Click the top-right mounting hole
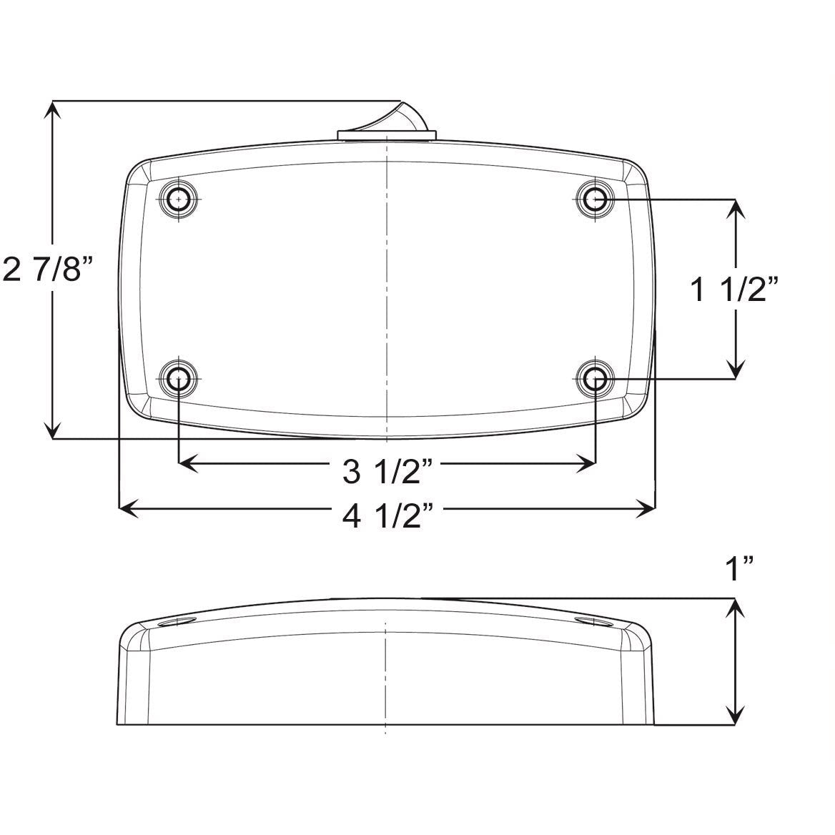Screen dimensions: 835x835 [595, 198]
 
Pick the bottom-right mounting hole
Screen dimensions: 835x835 [595, 379]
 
